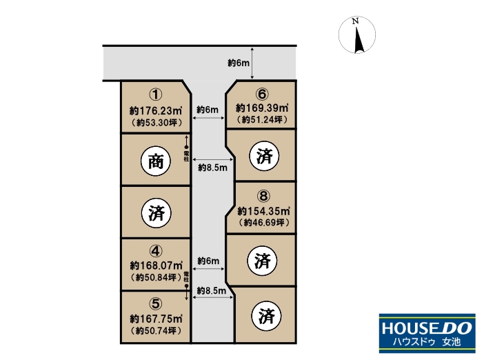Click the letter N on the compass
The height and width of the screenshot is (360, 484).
(355, 21)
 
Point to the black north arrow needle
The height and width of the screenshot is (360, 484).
(359, 40)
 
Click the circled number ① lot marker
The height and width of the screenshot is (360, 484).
(156, 94)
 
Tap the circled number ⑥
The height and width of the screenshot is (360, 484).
(262, 94)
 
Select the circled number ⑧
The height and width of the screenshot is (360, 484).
(263, 196)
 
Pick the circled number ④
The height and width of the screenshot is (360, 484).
(156, 251)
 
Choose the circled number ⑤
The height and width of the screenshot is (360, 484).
(156, 304)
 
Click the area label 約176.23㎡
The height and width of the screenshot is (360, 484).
(156, 110)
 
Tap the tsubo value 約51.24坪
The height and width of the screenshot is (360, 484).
(262, 119)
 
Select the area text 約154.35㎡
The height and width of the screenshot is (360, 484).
(263, 211)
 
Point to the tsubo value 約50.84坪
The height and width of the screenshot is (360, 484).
(156, 277)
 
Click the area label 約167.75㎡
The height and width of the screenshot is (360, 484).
(156, 319)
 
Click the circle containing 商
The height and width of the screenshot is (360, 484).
(156, 161)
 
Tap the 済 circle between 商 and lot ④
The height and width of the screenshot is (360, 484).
(157, 213)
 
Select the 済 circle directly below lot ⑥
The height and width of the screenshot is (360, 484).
(265, 156)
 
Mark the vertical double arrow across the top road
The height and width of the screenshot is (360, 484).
(252, 63)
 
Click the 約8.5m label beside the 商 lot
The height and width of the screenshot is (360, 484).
(212, 168)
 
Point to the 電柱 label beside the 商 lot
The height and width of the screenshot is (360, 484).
(186, 156)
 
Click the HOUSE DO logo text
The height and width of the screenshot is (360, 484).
(427, 328)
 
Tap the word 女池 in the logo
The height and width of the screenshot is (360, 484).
(452, 341)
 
